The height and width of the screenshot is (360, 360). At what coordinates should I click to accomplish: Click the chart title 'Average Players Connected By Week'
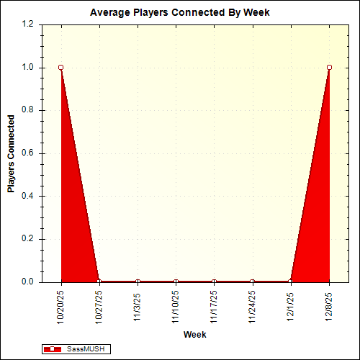(180, 12)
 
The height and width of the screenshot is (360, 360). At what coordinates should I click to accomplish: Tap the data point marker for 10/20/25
(61, 68)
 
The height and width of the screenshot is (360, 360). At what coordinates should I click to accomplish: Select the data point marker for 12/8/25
(329, 68)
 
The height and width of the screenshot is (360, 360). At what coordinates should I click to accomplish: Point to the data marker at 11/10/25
(176, 282)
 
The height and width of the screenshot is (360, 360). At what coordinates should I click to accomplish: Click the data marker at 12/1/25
(291, 282)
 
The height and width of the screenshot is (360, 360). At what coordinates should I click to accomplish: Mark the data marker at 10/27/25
(99, 282)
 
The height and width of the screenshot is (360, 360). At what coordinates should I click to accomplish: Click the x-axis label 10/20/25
(61, 306)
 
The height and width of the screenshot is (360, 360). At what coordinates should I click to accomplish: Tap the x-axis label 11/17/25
(214, 306)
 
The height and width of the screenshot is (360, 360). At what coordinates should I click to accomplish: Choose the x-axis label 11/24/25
(252, 306)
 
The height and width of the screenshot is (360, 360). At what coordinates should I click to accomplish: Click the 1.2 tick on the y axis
(28, 24)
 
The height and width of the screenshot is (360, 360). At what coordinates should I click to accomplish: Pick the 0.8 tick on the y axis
(28, 110)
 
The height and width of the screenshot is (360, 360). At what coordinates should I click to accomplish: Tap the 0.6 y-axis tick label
(28, 153)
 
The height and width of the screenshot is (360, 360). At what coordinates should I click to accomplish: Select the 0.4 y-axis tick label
(28, 196)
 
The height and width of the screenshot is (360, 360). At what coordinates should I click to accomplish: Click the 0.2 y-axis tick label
(28, 239)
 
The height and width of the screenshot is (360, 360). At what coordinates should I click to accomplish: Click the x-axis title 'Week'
(194, 335)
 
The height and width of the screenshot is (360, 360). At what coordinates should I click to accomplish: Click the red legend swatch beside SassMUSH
(53, 349)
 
